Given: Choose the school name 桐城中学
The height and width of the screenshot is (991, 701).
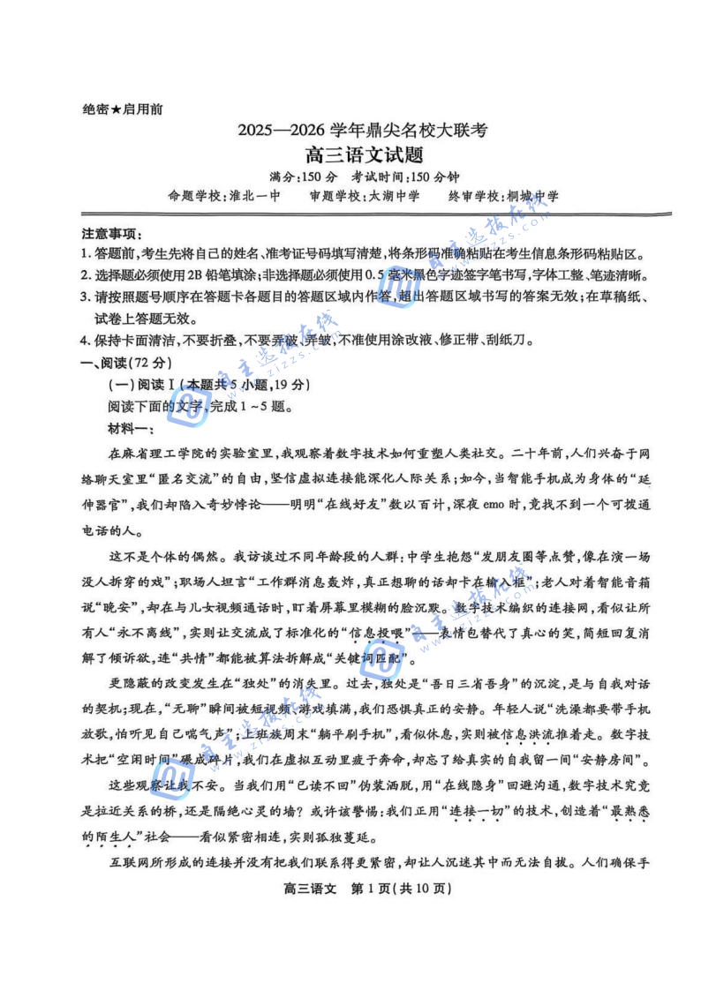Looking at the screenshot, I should click(533, 196).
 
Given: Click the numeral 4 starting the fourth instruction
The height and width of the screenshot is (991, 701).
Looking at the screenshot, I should click(85, 342).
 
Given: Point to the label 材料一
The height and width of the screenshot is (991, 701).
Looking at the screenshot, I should click(130, 429).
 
